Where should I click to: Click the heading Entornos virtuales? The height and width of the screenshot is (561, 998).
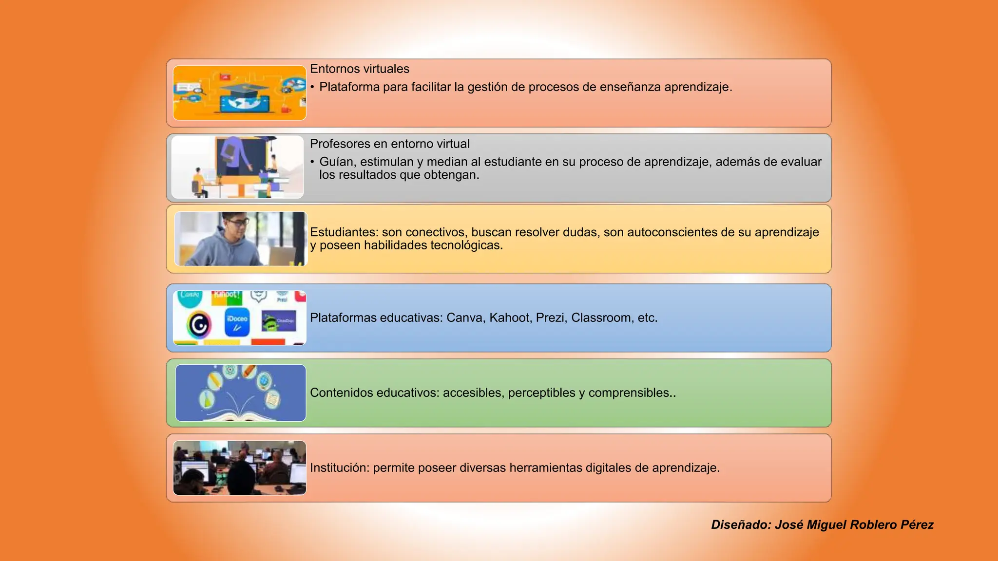click(359, 69)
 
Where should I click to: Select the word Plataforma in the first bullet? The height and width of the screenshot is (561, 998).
click(349, 87)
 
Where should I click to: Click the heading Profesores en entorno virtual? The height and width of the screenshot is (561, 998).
click(389, 144)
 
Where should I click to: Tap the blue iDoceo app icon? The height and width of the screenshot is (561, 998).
click(237, 322)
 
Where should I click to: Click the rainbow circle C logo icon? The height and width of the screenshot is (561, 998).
click(199, 325)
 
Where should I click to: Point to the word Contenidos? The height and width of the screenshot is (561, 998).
click(341, 393)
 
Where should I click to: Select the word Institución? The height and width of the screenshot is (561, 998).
click(339, 468)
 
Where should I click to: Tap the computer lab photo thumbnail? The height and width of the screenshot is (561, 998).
click(240, 468)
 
